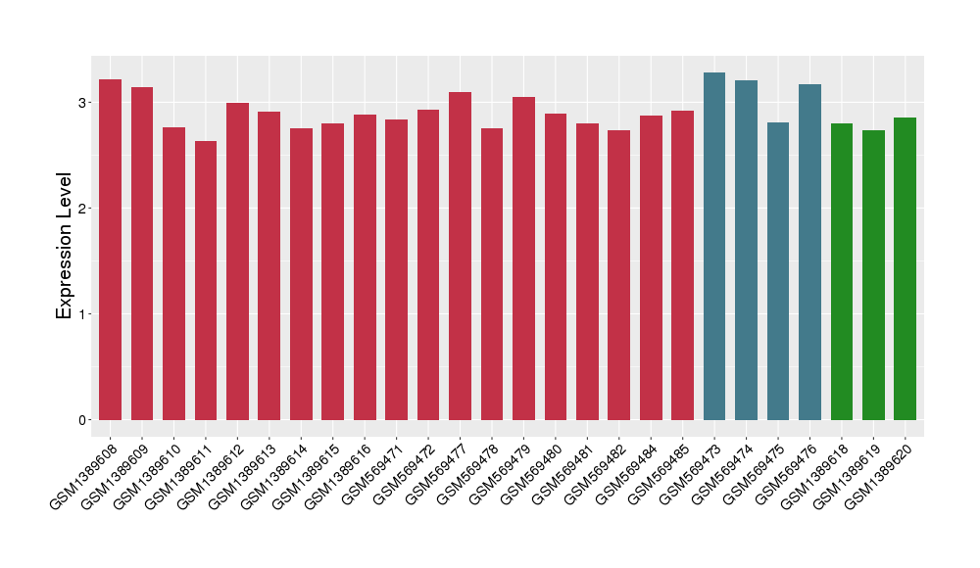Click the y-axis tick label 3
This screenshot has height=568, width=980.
click(x=83, y=103)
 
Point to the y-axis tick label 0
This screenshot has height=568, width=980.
click(x=83, y=420)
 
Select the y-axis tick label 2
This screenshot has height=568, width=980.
click(x=83, y=209)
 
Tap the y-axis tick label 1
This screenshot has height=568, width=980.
click(x=83, y=314)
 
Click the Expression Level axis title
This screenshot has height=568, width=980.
click(x=65, y=246)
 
